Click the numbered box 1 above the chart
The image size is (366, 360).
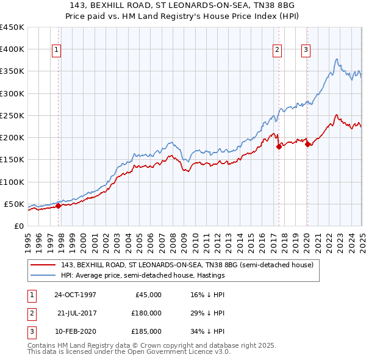[56, 50]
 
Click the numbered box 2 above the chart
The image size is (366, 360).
[277, 50]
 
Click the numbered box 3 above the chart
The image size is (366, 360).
[305, 50]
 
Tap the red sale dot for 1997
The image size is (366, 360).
[59, 206]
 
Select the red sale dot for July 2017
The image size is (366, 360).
[279, 146]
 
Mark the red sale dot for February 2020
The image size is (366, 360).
[307, 144]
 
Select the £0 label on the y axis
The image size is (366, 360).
[18, 226]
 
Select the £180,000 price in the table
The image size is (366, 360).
[147, 313]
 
